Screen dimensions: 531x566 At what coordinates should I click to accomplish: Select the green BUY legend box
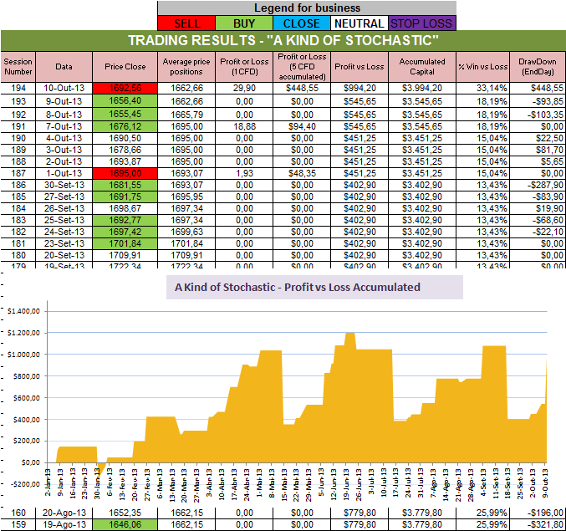click(244, 23)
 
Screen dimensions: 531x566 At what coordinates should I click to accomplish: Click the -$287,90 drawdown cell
click(536, 184)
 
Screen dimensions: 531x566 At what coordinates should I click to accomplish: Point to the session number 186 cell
click(17, 184)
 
